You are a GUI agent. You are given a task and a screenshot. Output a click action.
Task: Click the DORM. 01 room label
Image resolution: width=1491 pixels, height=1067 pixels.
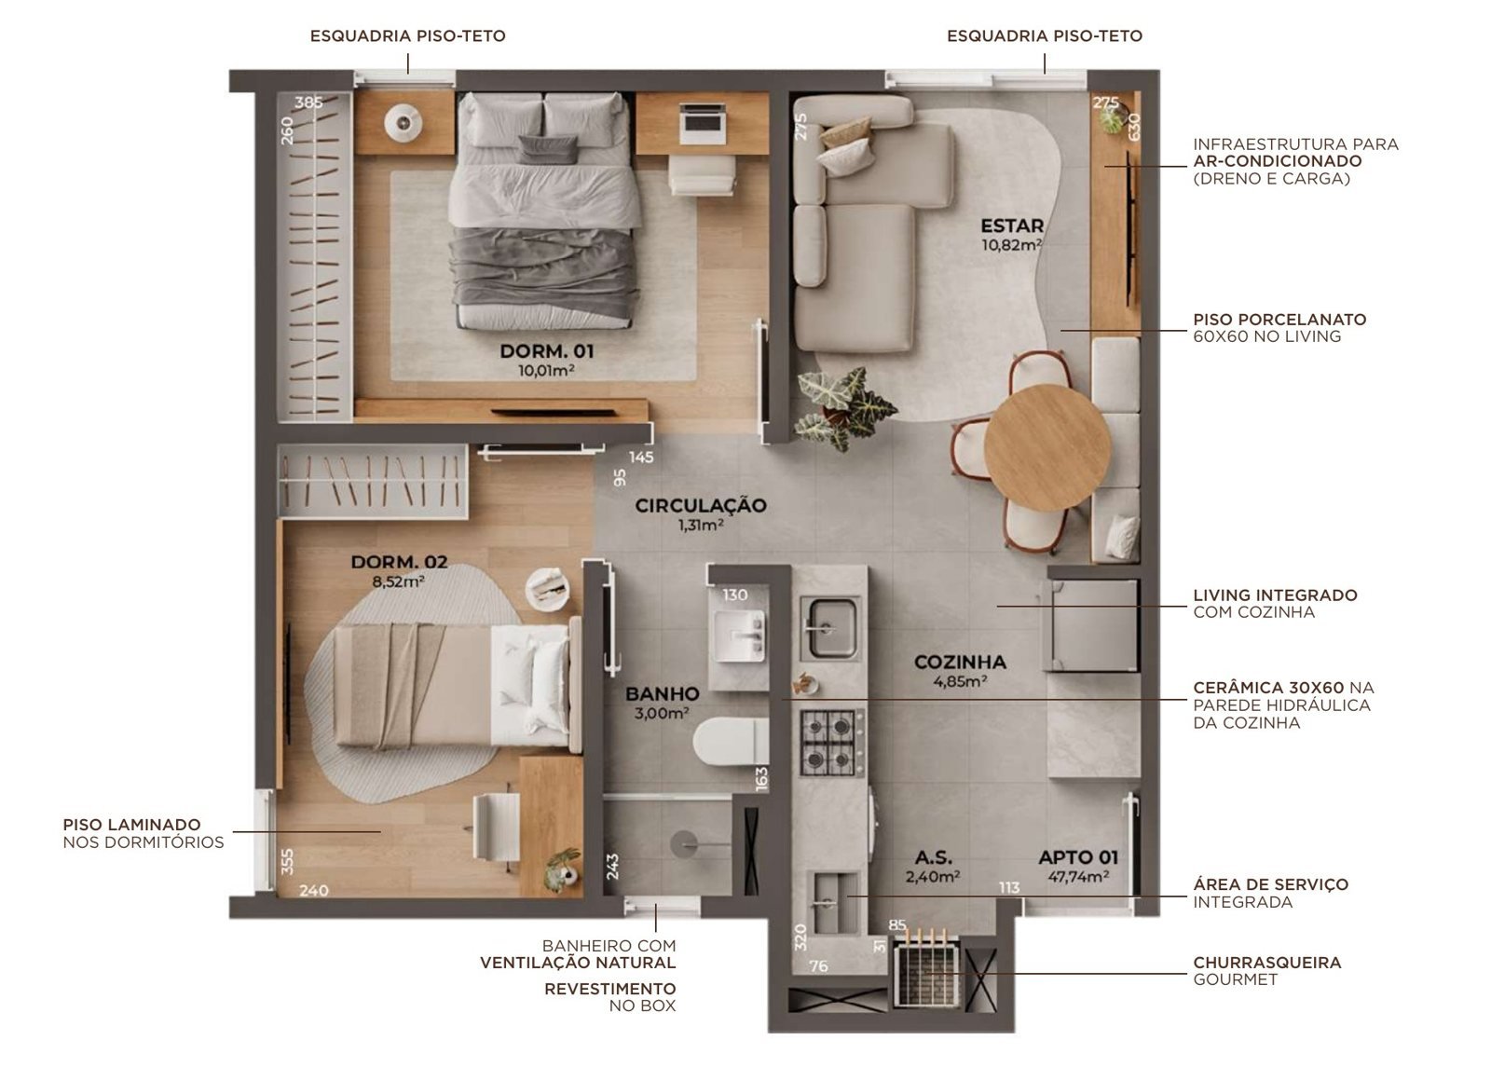(x=546, y=351)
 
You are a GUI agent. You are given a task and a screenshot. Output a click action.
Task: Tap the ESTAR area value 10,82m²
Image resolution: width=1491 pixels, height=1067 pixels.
(x=1012, y=245)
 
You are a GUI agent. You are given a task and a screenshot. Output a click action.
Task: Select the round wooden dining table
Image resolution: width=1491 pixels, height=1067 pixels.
(x=1047, y=447)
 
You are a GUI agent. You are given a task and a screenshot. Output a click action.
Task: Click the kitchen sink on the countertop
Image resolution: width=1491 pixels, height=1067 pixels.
(x=828, y=627)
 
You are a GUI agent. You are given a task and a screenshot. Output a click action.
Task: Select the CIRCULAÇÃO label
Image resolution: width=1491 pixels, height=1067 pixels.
(x=700, y=506)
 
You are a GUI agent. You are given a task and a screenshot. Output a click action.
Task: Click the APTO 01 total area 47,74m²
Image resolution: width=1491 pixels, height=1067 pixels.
(x=1078, y=877)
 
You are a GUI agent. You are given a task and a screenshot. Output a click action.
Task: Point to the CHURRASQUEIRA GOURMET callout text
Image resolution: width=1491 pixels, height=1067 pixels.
(x=1266, y=970)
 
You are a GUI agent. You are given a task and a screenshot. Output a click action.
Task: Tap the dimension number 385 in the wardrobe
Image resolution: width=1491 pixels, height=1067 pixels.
(x=308, y=103)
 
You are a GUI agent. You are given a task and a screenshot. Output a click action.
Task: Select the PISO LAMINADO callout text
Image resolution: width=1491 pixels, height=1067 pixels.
(x=144, y=833)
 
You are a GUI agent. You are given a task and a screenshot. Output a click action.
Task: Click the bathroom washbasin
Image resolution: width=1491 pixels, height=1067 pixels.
(x=739, y=636)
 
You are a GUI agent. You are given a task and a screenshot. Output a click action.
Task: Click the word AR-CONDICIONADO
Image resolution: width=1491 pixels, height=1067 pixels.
(x=1278, y=161)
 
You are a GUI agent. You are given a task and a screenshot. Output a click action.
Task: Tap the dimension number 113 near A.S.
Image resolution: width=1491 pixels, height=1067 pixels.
(x=1009, y=887)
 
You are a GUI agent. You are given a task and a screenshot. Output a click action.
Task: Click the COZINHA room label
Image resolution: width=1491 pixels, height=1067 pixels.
(x=960, y=663)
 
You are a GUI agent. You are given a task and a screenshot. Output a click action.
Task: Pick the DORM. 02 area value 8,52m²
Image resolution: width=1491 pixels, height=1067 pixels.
(x=398, y=581)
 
